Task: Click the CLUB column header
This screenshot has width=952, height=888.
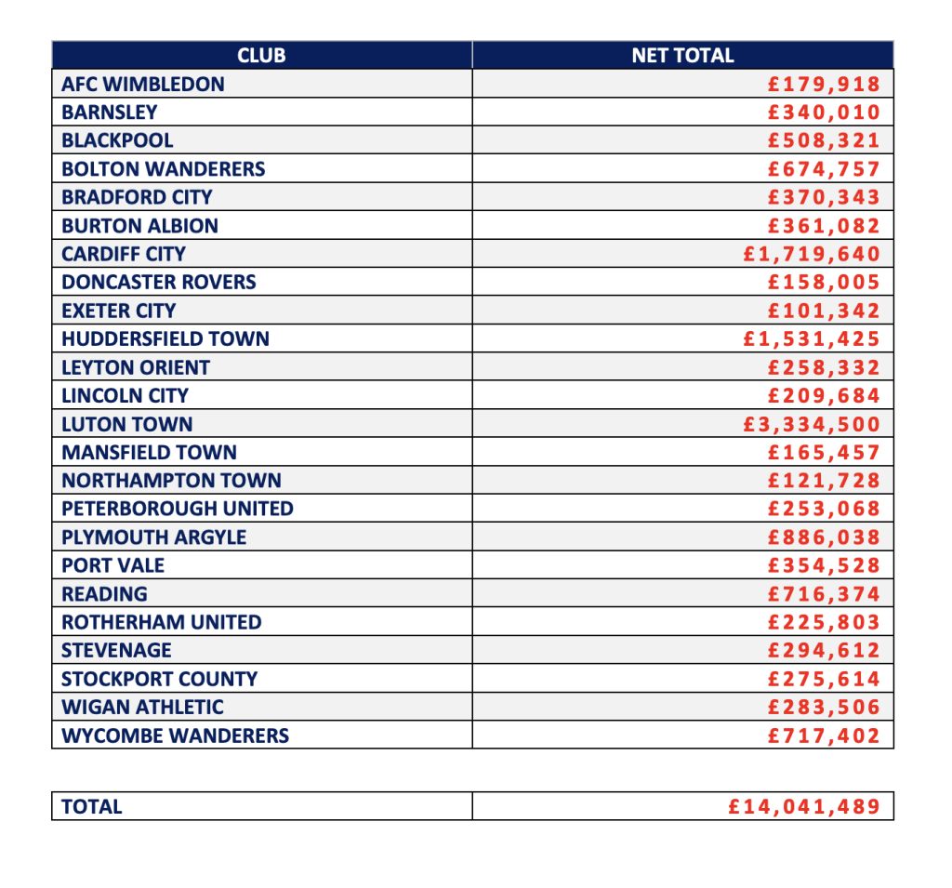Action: (261, 56)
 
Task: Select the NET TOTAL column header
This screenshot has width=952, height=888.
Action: (682, 56)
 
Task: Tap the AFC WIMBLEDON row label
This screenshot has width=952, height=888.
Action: (143, 85)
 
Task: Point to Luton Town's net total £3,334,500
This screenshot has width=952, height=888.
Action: (812, 425)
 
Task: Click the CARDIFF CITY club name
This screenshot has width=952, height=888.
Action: (124, 254)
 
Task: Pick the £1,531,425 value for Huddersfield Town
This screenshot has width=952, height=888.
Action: (812, 339)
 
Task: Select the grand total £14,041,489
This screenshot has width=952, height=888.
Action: (804, 806)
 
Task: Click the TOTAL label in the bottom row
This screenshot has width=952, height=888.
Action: (92, 807)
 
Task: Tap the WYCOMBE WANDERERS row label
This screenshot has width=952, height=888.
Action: (176, 736)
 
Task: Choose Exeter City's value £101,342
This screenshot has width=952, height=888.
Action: (824, 311)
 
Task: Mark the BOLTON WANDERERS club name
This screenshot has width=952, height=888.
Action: (164, 169)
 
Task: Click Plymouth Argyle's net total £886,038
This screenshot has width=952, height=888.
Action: (824, 537)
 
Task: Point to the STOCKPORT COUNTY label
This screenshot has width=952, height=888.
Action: (160, 680)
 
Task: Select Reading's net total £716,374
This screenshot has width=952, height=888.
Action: (824, 594)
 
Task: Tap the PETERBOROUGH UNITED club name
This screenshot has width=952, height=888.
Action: (178, 510)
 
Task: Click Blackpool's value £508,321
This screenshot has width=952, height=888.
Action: (824, 141)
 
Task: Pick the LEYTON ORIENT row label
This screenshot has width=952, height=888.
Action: (136, 368)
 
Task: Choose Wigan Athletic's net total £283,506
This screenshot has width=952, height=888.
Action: (824, 708)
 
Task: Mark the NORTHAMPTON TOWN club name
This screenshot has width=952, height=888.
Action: (172, 481)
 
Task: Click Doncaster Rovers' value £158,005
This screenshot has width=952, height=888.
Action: (824, 283)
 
